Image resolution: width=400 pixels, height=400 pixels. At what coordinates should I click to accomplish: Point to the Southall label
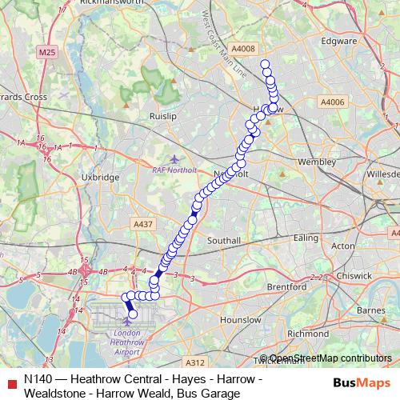pyautogui.click(x=224, y=240)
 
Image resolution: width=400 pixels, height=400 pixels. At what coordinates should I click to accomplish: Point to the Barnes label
pyautogui.click(x=371, y=310)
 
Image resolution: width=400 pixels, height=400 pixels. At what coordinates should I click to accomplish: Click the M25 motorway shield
pyautogui.click(x=48, y=52)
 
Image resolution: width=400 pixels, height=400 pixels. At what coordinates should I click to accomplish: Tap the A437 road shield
pyautogui.click(x=144, y=225)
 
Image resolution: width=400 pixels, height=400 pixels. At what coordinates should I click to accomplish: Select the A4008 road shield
pyautogui.click(x=246, y=49)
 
